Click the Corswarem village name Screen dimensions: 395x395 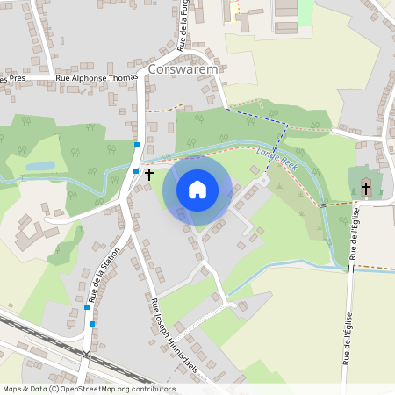pos(183,68)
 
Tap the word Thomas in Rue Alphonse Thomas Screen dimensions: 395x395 pos(122,78)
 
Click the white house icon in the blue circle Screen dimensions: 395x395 pos(197,189)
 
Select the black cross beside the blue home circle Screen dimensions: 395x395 pos(148,175)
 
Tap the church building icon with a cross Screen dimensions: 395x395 pos(366,189)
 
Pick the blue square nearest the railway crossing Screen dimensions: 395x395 pos(91,324)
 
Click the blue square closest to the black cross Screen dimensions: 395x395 pos(135,170)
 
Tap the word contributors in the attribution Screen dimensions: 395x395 pos(154,388)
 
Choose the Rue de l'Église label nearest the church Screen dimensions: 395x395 pos(356,237)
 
